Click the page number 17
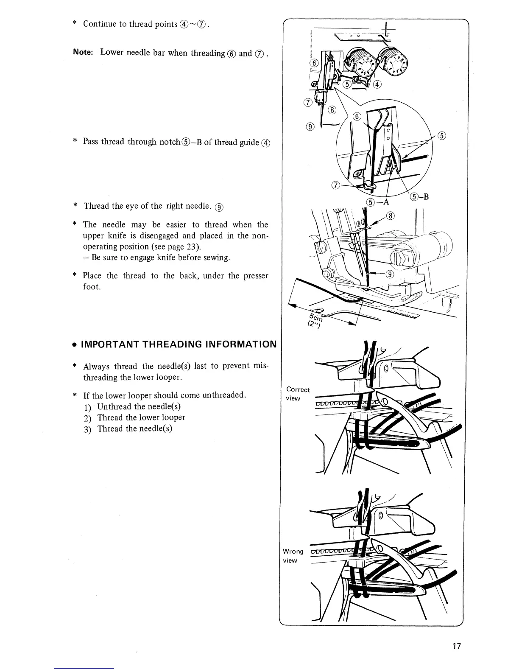[456, 647]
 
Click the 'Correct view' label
[298, 393]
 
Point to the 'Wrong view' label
[293, 556]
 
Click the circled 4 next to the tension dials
[377, 84]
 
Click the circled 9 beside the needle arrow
[390, 274]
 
